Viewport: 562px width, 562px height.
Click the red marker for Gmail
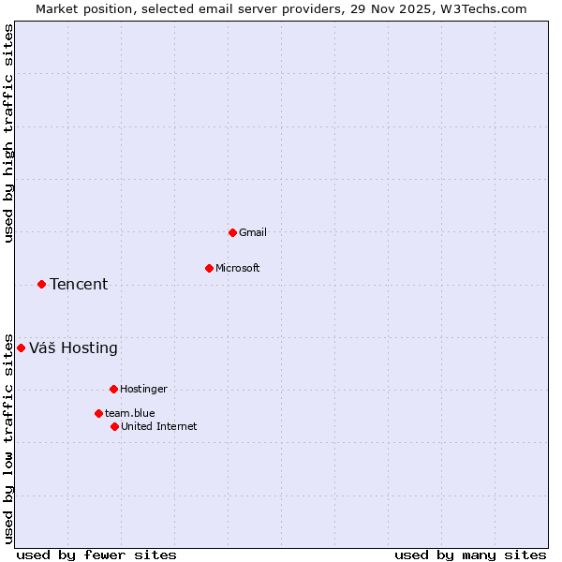pos(232,232)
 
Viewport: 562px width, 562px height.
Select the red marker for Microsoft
pos(209,268)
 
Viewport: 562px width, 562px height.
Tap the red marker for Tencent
pos(41,284)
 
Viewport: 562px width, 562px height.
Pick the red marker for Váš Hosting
pos(21,348)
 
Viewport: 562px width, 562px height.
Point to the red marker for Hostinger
pos(113,389)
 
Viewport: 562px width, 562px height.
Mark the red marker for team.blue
pos(98,413)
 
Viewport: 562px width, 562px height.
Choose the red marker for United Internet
pos(114,426)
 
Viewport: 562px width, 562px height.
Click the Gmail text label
pos(253,232)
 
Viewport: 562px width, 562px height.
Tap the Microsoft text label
pos(238,268)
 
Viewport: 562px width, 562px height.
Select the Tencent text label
pos(79,284)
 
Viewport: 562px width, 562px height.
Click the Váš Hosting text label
pos(73,348)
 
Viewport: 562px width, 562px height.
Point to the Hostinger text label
pos(143,389)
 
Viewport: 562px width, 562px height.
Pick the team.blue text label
pos(130,413)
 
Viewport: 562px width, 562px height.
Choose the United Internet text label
pos(159,426)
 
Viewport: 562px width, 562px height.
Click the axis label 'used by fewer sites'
pos(96,555)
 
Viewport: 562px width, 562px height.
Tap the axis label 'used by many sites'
pos(470,555)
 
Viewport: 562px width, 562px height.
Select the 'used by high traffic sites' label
pos(8,133)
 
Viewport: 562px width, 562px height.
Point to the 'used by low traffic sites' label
pos(8,438)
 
